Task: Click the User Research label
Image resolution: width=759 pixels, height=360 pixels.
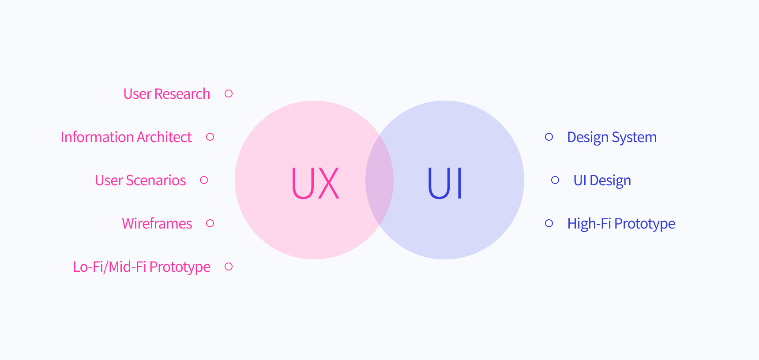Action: [166, 94]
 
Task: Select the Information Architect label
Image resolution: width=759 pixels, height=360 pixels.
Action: [126, 137]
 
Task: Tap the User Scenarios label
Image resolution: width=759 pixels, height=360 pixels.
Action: [140, 180]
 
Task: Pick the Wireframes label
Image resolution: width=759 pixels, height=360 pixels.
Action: [157, 224]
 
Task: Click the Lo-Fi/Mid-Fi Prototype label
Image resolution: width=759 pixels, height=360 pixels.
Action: [141, 267]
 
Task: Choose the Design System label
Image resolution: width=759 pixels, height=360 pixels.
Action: [612, 137]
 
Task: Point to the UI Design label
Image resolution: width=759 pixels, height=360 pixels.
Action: [602, 180]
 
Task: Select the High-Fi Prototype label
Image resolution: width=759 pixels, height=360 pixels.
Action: [621, 224]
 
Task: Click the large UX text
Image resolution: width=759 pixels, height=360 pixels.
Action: [315, 183]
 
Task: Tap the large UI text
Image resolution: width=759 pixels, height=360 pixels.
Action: [445, 183]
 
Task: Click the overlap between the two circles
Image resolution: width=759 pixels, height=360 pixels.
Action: [379, 180]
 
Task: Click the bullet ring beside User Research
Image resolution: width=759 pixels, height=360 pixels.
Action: [229, 94]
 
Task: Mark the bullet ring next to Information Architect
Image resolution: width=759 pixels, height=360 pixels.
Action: [210, 137]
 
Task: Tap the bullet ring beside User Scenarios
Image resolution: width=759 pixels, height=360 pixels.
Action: [204, 180]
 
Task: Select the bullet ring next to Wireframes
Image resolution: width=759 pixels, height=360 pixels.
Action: [210, 223]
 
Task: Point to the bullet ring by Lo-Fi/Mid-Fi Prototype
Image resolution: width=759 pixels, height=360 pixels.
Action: [229, 266]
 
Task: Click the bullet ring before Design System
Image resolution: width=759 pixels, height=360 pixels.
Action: [549, 137]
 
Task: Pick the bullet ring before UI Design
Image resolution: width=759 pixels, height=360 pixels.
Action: [555, 180]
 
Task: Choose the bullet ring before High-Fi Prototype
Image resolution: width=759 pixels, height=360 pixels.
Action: [549, 223]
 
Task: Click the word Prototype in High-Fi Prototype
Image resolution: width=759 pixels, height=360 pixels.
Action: [644, 224]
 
